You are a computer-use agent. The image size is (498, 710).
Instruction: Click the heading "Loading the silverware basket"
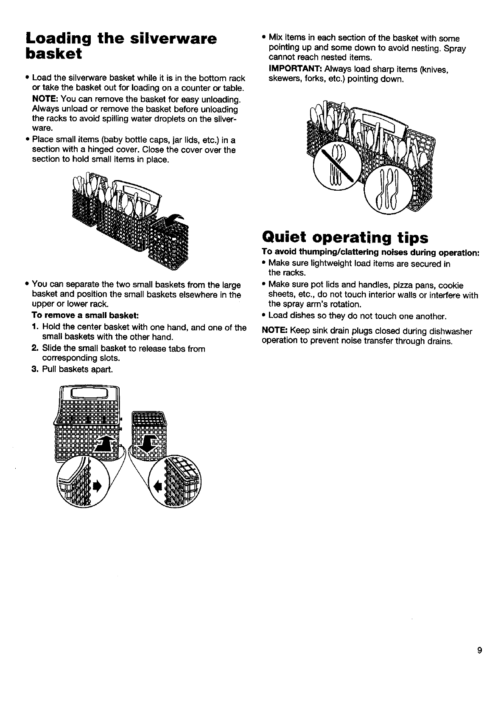point(121,46)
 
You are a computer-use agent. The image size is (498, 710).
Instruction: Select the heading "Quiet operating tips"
point(345,237)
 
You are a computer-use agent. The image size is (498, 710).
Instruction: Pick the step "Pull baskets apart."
point(78,369)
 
